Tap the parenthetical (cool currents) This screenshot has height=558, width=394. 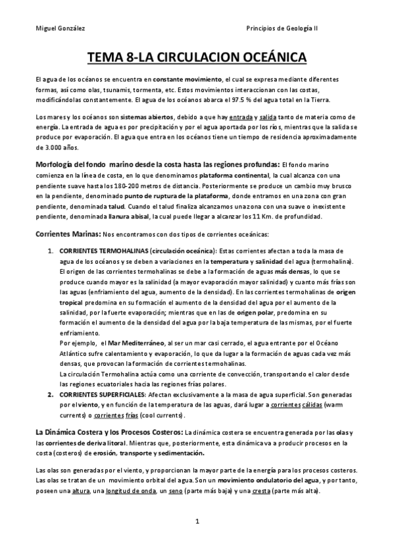click(159, 417)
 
